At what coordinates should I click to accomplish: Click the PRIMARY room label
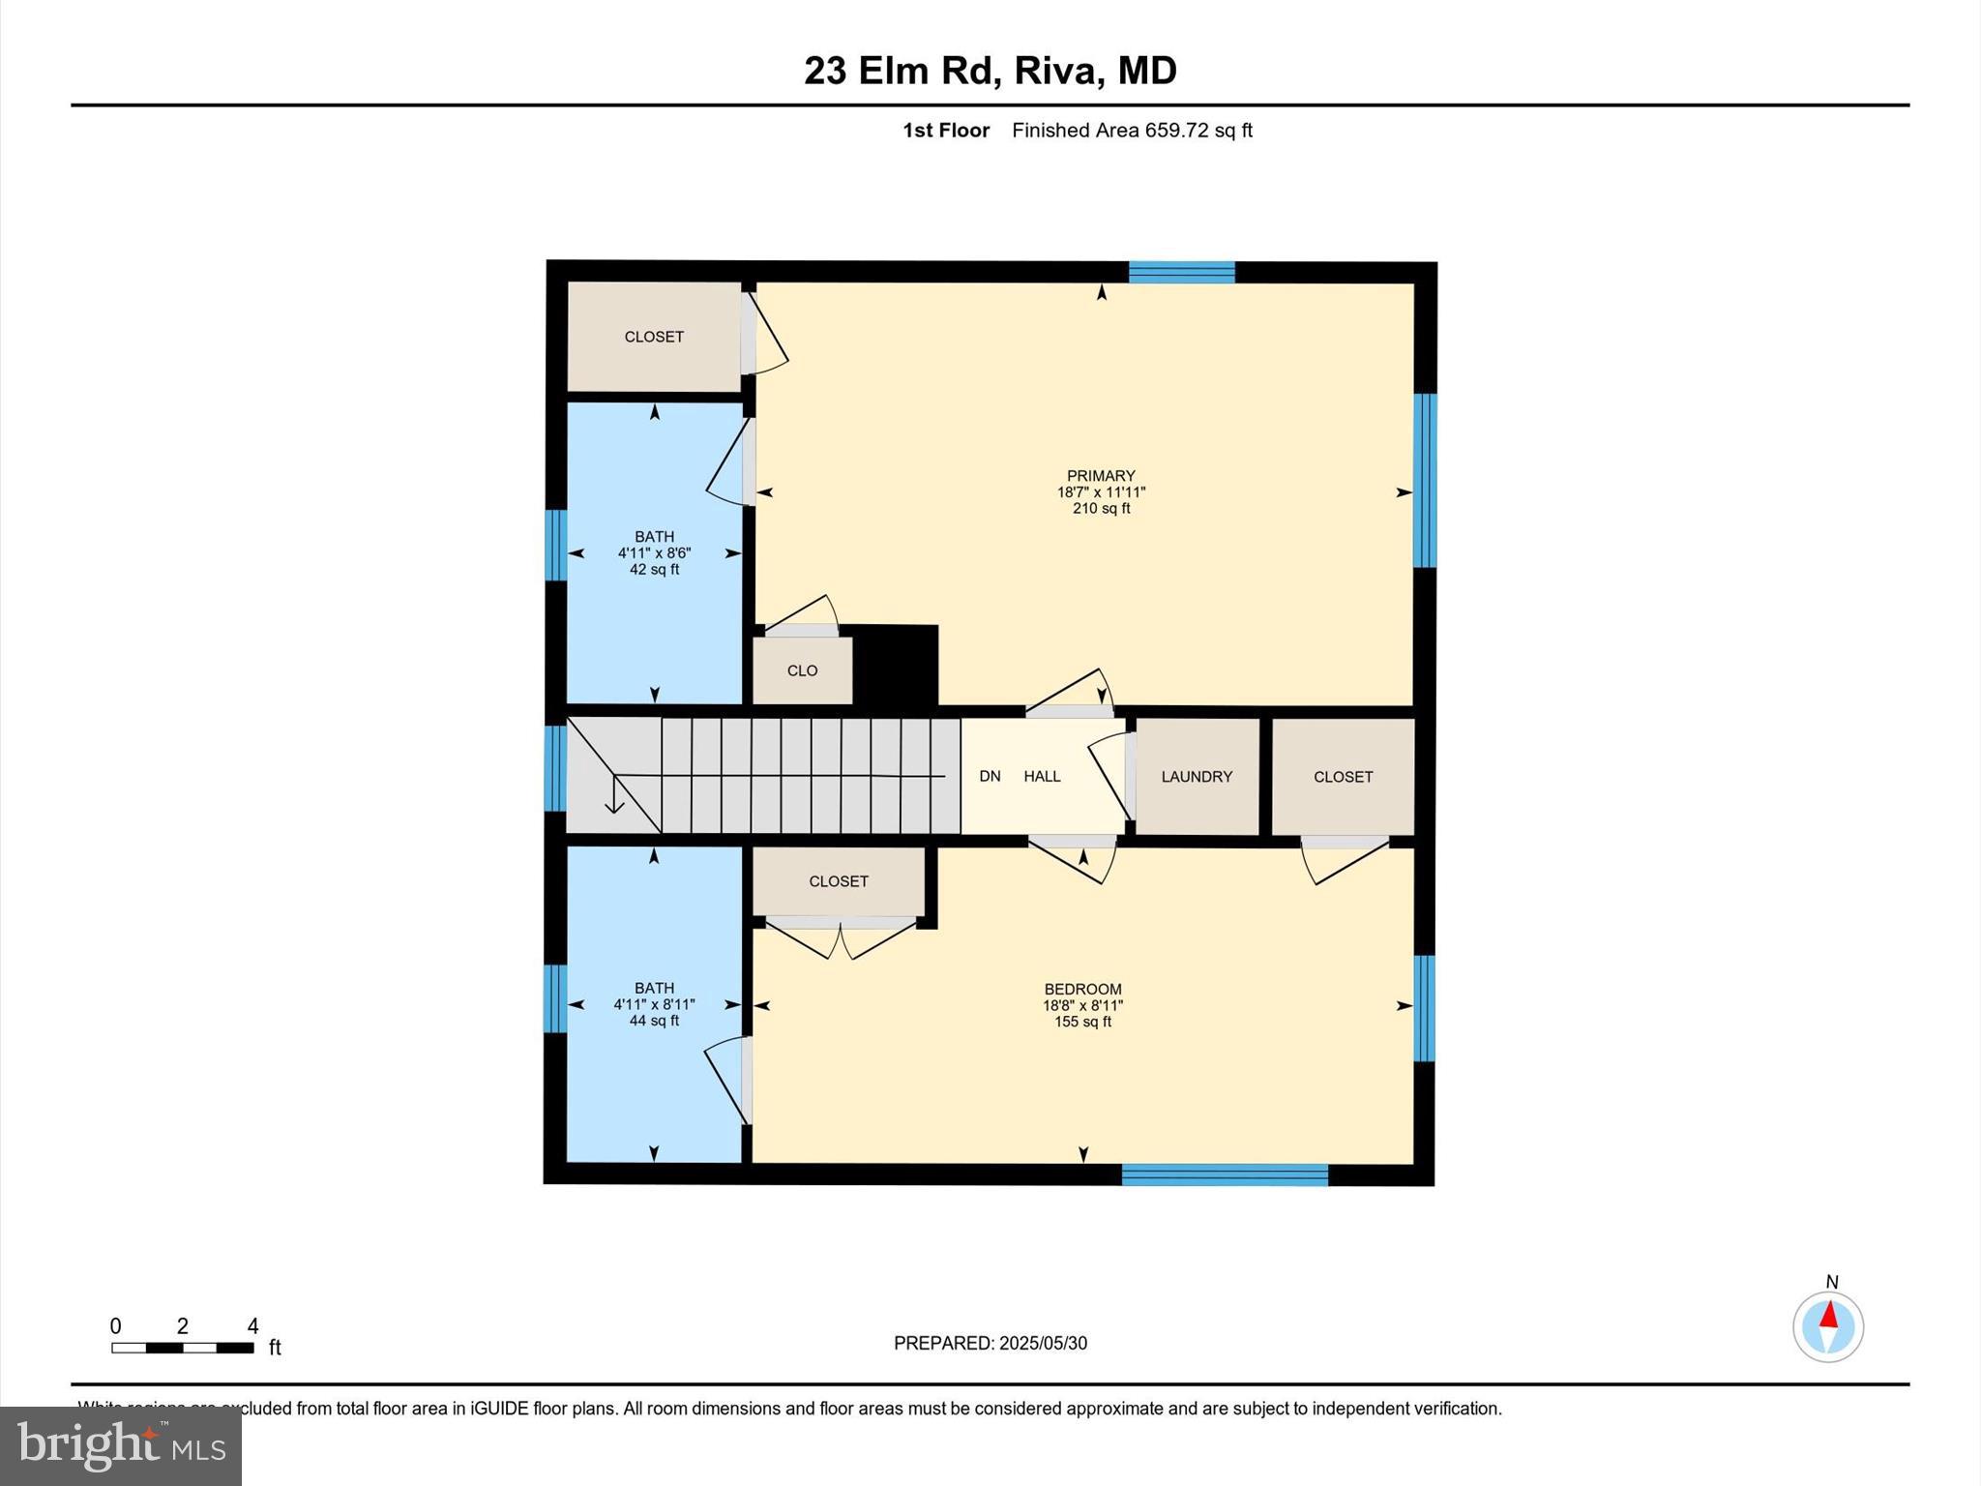click(x=1101, y=476)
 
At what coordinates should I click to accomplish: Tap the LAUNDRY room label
click(x=1197, y=777)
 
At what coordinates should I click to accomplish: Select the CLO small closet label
click(x=802, y=670)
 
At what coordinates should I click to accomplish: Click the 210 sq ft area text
click(x=1101, y=509)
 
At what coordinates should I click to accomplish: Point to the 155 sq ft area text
click(x=1082, y=1022)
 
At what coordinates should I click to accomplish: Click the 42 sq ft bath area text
click(x=654, y=570)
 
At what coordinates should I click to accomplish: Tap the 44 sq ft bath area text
click(x=654, y=1021)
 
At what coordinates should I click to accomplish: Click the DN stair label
click(x=990, y=777)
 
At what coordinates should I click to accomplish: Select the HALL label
click(x=1042, y=777)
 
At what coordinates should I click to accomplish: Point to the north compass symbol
click(x=1828, y=1326)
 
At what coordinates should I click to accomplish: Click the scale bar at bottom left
click(x=183, y=1348)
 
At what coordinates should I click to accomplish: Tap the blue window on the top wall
click(x=1181, y=272)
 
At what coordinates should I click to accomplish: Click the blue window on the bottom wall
click(x=1225, y=1175)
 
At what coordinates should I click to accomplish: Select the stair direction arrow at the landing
click(x=613, y=797)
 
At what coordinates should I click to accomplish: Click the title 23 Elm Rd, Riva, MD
click(x=990, y=71)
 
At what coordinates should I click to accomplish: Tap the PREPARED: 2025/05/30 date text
click(x=990, y=1343)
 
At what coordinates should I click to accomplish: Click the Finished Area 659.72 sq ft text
click(x=1132, y=131)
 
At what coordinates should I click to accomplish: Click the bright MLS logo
click(x=121, y=1446)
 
